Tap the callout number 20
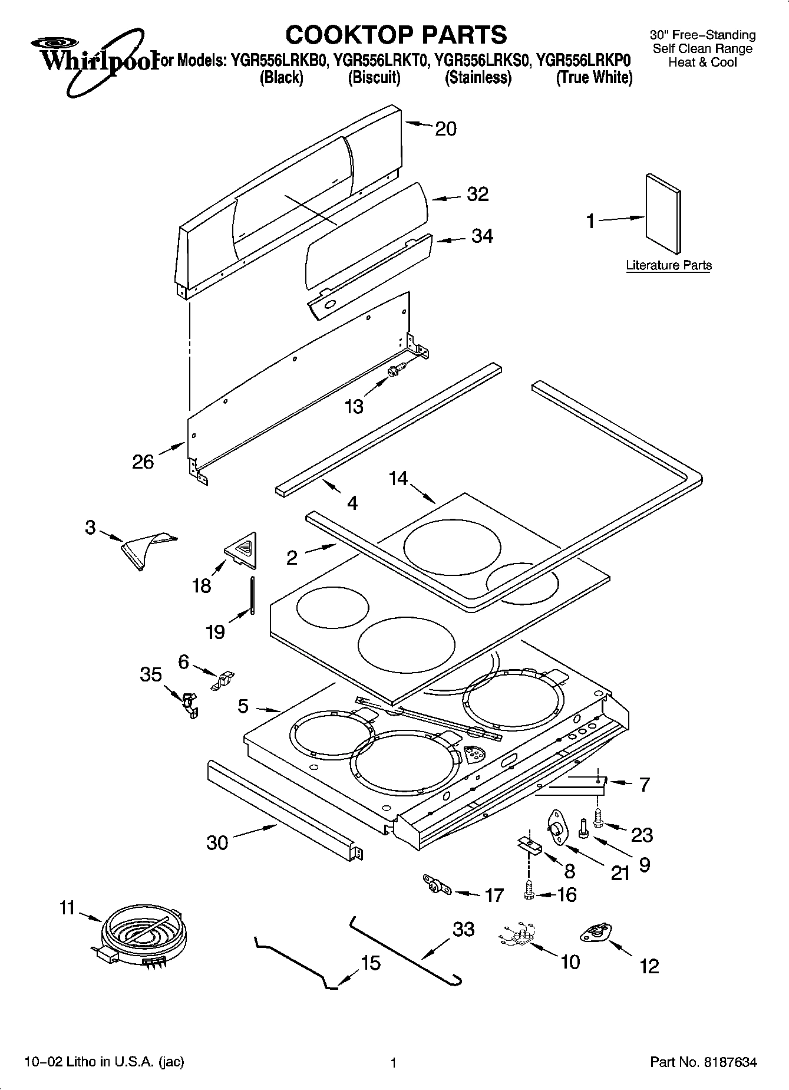click(x=445, y=129)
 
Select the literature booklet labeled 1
click(x=663, y=215)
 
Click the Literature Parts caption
click(x=668, y=265)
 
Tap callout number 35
click(x=151, y=674)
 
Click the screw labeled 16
click(x=529, y=894)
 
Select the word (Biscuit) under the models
click(x=374, y=77)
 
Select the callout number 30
click(x=217, y=842)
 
